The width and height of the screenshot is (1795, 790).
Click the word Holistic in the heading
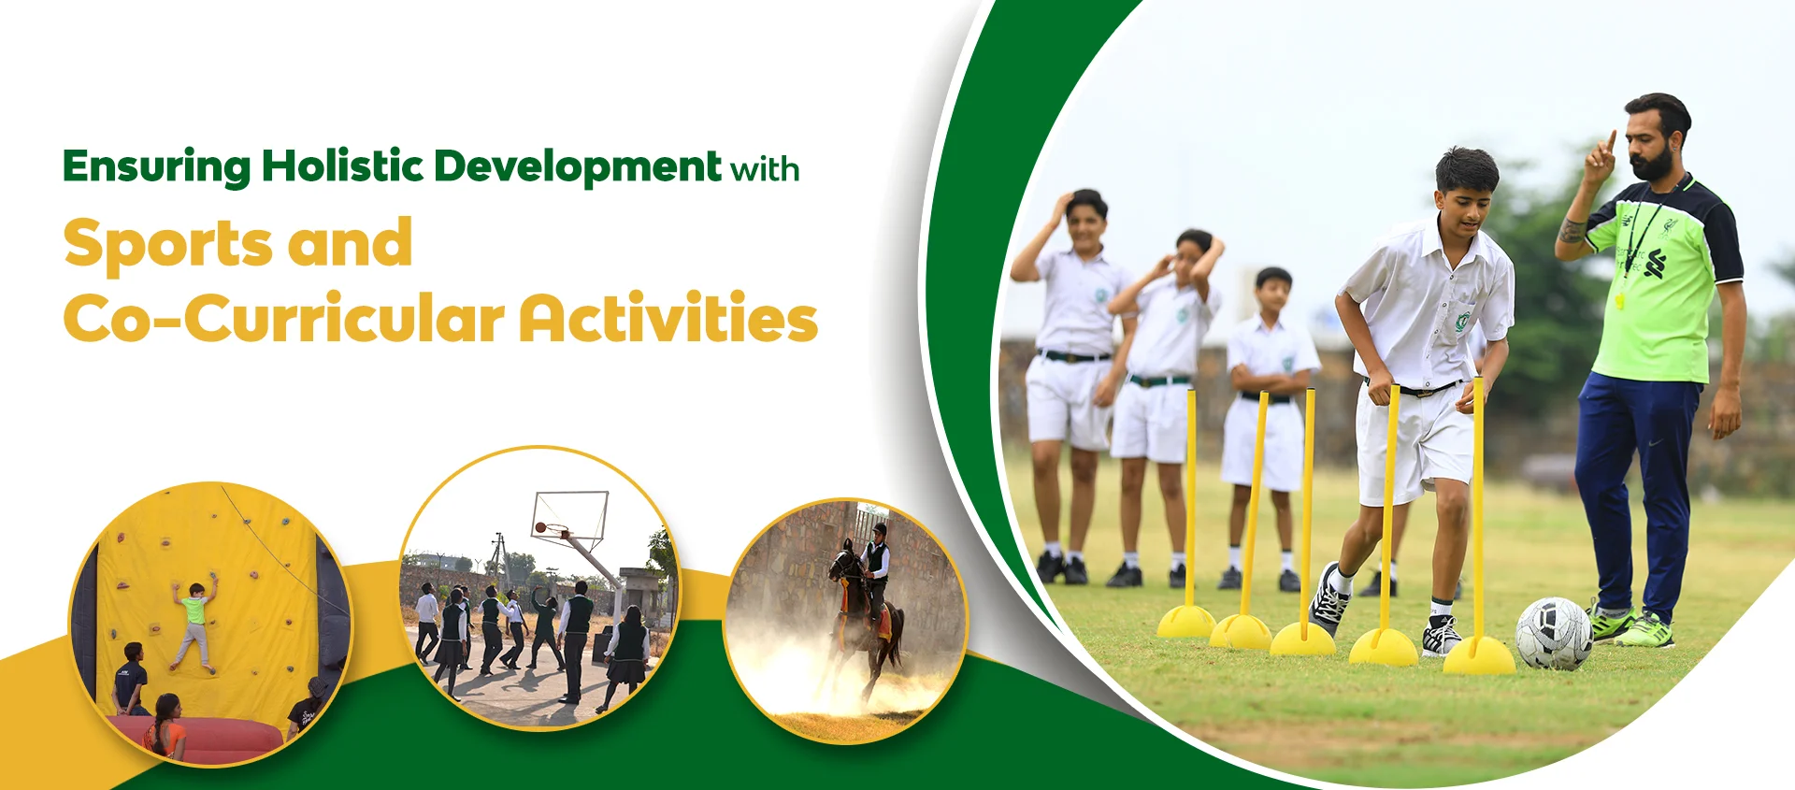(x=342, y=166)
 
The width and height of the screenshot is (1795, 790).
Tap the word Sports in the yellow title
(x=168, y=243)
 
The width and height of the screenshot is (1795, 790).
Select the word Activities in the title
(x=668, y=317)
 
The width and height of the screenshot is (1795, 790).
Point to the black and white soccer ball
(x=1553, y=634)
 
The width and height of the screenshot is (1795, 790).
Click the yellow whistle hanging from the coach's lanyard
(x=1619, y=301)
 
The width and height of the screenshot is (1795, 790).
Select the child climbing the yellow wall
(x=194, y=623)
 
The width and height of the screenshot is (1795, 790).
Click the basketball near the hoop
(x=540, y=528)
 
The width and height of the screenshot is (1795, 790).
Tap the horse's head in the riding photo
(x=843, y=563)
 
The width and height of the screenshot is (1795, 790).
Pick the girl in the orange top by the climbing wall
(x=166, y=726)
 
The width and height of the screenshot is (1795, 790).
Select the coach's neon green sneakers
(x=1630, y=627)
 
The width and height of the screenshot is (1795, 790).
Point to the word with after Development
(x=765, y=170)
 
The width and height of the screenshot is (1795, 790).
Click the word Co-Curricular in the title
(x=284, y=318)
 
